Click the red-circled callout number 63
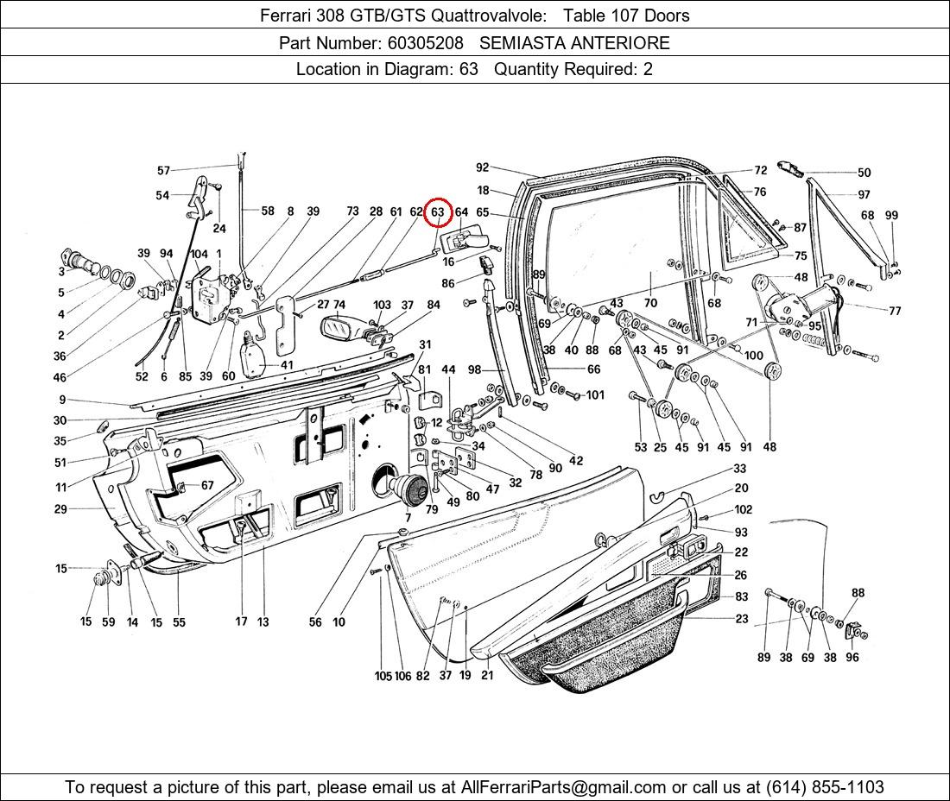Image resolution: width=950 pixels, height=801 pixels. click(438, 212)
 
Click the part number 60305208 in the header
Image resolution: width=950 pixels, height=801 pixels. click(425, 43)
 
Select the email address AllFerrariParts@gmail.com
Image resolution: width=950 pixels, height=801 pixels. click(564, 787)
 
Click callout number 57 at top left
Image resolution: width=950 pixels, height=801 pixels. click(163, 171)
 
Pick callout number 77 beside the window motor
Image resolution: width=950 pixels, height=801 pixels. click(894, 311)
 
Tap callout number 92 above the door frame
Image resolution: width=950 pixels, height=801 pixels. click(482, 168)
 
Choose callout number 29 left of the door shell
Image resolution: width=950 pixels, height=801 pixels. click(60, 509)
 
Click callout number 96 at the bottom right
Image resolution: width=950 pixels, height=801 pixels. click(852, 657)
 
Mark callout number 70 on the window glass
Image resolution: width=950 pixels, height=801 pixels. click(650, 303)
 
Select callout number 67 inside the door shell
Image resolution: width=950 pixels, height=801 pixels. click(207, 486)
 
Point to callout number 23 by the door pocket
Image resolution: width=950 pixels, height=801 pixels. click(742, 619)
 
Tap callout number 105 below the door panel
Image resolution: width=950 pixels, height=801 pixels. click(383, 676)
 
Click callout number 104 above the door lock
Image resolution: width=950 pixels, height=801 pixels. click(199, 254)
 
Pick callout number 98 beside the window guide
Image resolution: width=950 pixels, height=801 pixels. click(474, 369)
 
